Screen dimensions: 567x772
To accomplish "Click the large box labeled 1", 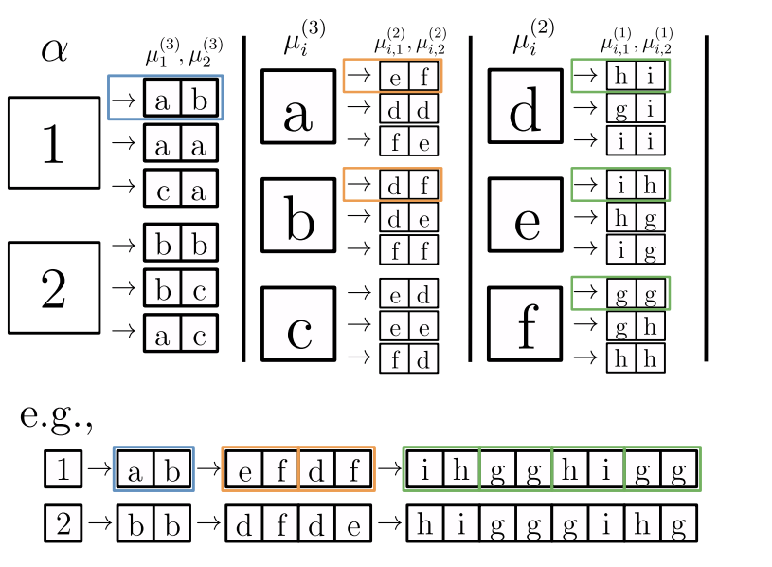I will tap(54, 142).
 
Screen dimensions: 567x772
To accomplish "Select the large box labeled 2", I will tap(54, 287).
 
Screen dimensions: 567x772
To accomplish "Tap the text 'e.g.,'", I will tap(60, 418).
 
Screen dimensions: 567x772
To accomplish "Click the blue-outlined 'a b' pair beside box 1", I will tap(180, 98).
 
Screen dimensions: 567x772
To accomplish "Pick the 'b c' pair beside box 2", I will tap(180, 286).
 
